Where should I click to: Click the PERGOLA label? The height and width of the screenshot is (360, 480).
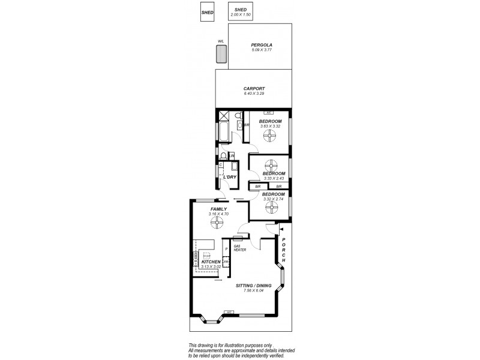click(262, 45)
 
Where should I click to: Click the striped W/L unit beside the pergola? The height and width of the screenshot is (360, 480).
click(221, 55)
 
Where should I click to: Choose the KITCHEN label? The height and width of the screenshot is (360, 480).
click(211, 262)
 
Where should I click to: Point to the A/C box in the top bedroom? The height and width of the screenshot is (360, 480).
click(270, 113)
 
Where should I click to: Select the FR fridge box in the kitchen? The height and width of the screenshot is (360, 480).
click(226, 262)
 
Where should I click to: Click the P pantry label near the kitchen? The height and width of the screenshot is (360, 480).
click(226, 248)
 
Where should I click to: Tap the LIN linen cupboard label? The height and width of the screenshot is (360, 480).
click(231, 155)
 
